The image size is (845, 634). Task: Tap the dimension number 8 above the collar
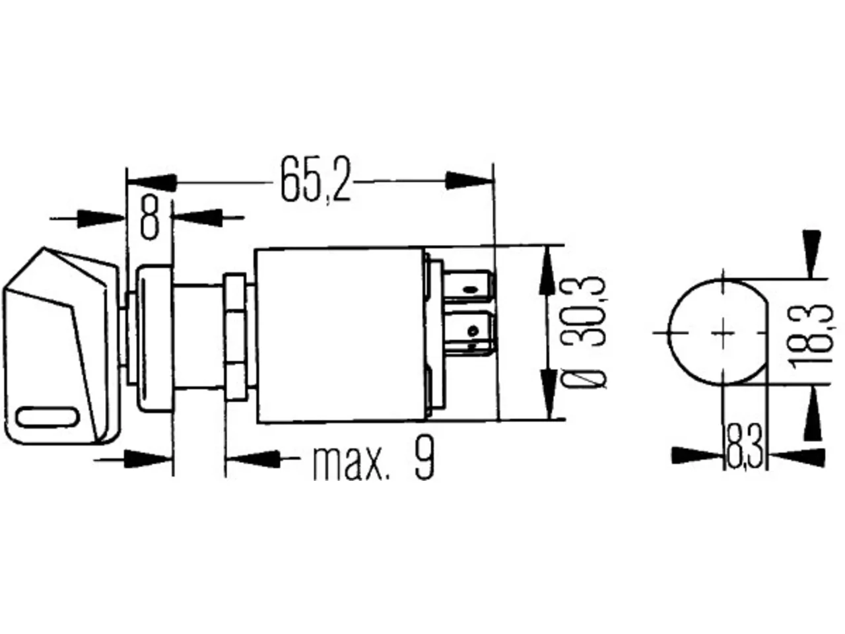coord(149,218)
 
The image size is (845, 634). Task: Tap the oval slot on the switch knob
coord(47,417)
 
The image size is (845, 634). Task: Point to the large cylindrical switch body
coord(339,335)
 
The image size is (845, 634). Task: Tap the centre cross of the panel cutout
coord(723,333)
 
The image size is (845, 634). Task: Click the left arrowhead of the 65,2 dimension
coord(152,183)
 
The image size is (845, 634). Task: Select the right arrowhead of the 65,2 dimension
coord(469,181)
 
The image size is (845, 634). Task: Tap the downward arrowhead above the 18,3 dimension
coord(811,254)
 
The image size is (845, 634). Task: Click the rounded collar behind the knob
coord(153,339)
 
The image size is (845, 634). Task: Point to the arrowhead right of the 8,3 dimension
coord(797,457)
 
